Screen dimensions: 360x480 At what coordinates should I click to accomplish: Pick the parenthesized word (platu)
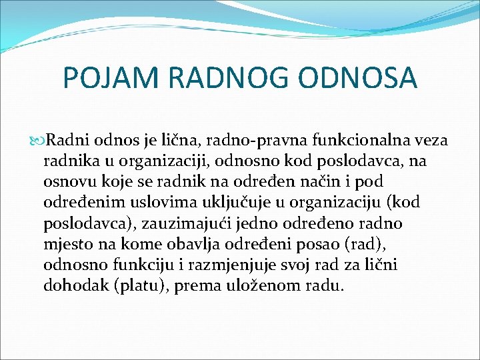[139, 285]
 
